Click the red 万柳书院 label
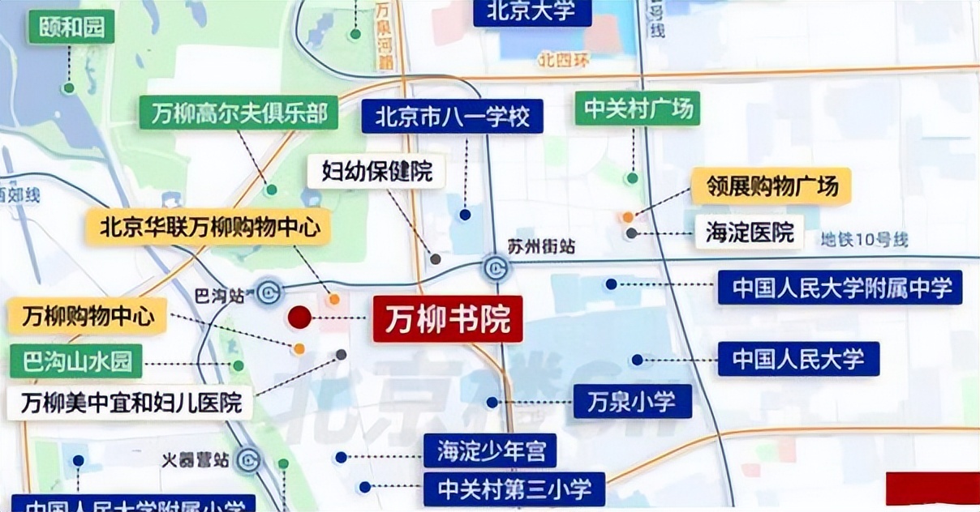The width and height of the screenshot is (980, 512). tap(448, 319)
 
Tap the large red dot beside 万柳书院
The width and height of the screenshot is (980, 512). tap(299, 318)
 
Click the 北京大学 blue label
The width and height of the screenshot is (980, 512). tap(531, 11)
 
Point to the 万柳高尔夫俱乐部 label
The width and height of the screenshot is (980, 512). tap(239, 113)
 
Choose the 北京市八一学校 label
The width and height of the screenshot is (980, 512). tap(453, 117)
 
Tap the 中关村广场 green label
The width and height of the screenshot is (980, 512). tap(638, 108)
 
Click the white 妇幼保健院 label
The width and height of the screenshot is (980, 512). tap(377, 171)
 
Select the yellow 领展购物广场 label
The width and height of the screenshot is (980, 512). tap(771, 186)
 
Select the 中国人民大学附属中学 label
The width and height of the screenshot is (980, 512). tap(840, 288)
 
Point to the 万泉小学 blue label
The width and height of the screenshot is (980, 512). tap(633, 401)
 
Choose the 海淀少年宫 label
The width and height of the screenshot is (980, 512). tap(490, 450)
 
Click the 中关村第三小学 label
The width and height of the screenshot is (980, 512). tap(513, 489)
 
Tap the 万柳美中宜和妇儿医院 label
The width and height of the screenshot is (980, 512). tap(130, 403)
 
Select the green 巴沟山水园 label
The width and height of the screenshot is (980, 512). tap(76, 361)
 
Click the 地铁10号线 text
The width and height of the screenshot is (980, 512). tap(864, 240)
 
